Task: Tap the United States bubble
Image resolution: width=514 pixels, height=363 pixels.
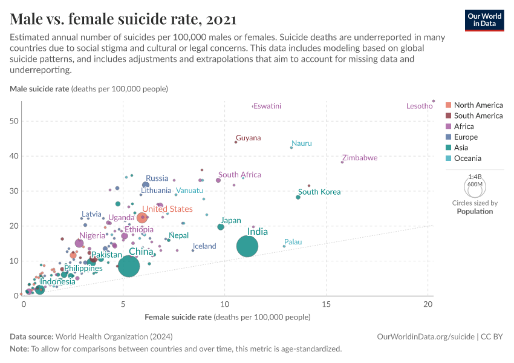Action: point(142,218)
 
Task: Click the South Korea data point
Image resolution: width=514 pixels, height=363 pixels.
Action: point(298,197)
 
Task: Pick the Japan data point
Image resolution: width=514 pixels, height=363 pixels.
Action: point(221,227)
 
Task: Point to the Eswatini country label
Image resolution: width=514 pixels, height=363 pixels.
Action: point(267,106)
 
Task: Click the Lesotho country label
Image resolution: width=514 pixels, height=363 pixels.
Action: point(419,106)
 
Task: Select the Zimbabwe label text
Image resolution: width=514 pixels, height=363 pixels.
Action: point(359,158)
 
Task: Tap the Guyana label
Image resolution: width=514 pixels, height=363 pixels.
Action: point(249,138)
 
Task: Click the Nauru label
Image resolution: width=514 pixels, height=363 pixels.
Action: point(302,143)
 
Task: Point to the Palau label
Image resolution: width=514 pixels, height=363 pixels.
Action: point(293,242)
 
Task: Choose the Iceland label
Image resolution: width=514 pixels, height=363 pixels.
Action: point(204,246)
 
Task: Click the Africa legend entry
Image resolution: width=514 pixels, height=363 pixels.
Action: point(464,126)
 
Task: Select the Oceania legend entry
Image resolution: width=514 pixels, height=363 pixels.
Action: point(467,159)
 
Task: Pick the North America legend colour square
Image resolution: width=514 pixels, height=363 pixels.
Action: point(448,105)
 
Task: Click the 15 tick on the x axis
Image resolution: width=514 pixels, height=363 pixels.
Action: point(327,302)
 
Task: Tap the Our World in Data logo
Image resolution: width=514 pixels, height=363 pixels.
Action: point(484,19)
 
